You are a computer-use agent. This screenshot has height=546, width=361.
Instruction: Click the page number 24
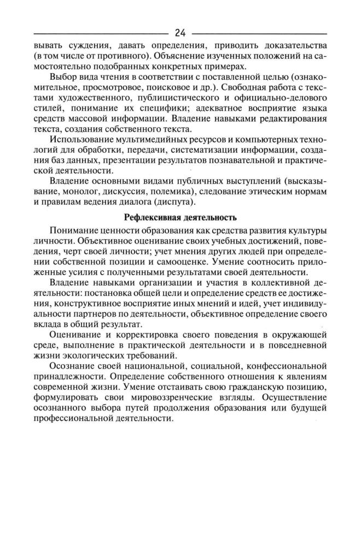tap(180, 33)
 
